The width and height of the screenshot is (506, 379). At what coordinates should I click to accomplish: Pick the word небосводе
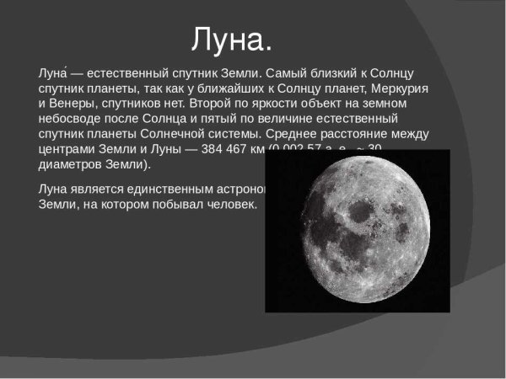click(x=73, y=120)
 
